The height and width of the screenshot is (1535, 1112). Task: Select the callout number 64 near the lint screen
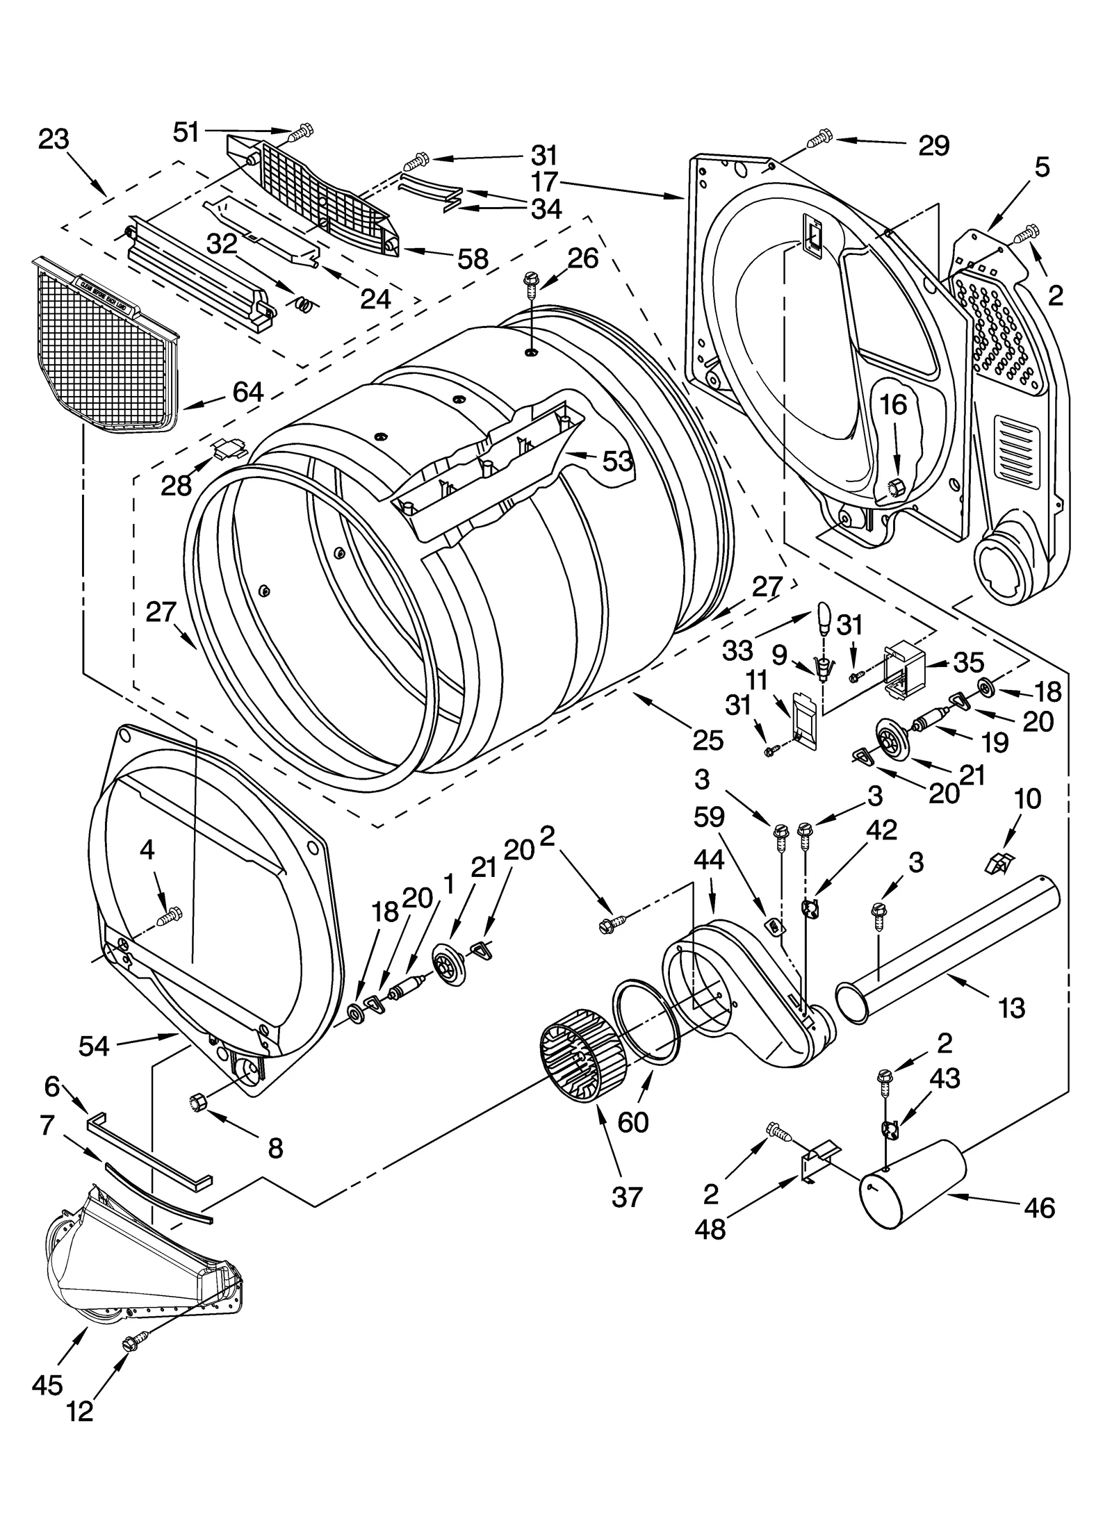click(x=247, y=393)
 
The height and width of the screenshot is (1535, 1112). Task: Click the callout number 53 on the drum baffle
click(x=617, y=461)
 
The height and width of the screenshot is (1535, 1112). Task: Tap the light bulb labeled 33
click(x=823, y=617)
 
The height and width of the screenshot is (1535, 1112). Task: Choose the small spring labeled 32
click(x=304, y=303)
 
